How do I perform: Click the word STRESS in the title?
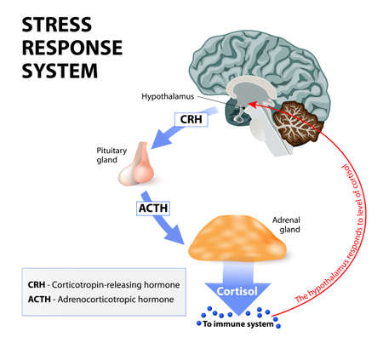[x=53, y=23]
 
